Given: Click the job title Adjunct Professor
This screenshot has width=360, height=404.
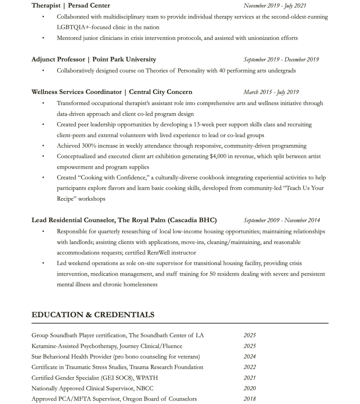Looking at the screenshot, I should click(x=58, y=60).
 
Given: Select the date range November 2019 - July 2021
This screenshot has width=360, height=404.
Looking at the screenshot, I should click(x=275, y=6).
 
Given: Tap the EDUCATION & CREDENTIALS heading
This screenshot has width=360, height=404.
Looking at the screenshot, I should click(x=93, y=315).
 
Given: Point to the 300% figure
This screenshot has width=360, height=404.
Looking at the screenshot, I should click(x=89, y=146).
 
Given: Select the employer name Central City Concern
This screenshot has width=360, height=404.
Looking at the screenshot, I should click(x=160, y=92).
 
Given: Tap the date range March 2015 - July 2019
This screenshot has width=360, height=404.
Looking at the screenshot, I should click(x=271, y=92).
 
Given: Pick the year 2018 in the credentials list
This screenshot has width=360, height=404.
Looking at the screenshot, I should click(x=250, y=399).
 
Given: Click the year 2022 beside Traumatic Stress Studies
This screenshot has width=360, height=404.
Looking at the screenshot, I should click(x=250, y=367).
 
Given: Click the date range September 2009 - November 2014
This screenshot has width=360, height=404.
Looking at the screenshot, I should click(x=282, y=220).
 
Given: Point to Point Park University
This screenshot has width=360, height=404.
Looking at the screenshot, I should click(x=124, y=60).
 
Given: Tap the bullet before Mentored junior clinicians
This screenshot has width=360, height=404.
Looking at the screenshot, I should click(x=43, y=38).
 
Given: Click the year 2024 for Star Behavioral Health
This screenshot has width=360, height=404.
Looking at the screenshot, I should click(x=250, y=357).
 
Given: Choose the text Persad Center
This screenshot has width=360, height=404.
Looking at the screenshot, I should click(x=89, y=6).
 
